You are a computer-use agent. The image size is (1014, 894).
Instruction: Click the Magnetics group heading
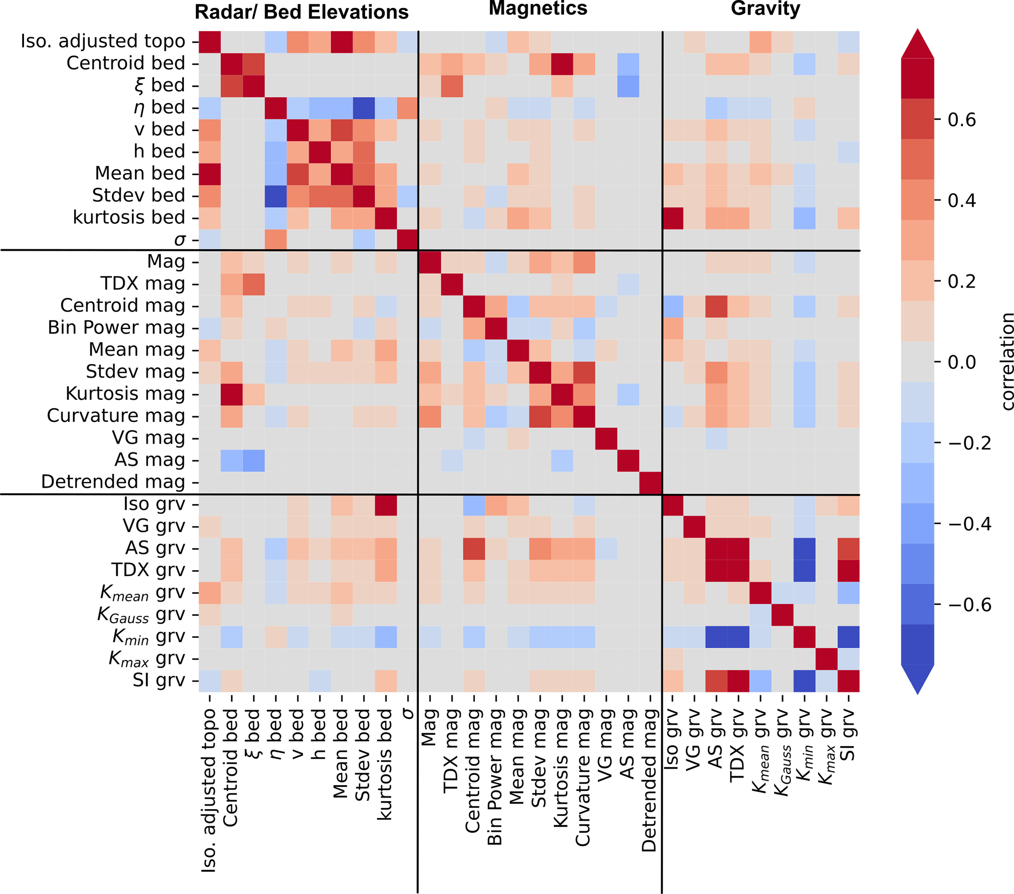coord(538,8)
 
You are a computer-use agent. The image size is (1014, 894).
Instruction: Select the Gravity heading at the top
coord(765,8)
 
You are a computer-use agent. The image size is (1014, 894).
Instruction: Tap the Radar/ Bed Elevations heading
coord(301,12)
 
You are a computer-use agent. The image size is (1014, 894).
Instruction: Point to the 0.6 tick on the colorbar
coord(962,120)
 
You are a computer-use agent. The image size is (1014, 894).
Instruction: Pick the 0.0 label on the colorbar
coord(962,362)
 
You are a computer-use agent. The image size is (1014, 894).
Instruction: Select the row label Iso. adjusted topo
coord(103,41)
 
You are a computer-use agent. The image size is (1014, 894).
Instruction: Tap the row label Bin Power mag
coord(116,327)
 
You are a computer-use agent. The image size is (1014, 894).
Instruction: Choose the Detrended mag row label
coord(113,482)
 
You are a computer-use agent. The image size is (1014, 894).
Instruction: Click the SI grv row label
coord(159,680)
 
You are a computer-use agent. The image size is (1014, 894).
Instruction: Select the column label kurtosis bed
coord(385,764)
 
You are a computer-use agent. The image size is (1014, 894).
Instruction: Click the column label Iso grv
coord(671,739)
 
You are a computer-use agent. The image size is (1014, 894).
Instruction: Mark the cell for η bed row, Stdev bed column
coord(364,107)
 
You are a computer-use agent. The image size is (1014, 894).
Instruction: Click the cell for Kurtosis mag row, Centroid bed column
coord(232,394)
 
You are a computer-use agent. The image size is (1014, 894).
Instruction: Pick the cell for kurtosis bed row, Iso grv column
coord(673,218)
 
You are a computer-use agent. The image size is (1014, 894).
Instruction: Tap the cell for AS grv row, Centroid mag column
coord(474,548)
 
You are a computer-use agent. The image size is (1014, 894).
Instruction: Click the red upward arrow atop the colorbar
coord(917,44)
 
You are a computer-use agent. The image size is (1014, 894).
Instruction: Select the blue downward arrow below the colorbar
coord(917,680)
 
